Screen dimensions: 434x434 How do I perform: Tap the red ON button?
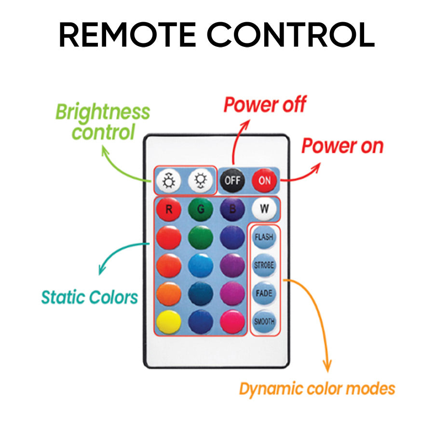[x=264, y=181]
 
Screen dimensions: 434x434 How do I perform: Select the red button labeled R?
[x=169, y=210]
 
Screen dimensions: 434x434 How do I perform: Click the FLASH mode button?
[x=264, y=237]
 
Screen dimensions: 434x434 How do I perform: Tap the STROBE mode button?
[x=264, y=265]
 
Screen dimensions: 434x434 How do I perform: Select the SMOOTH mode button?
[x=264, y=321]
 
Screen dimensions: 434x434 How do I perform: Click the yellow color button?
[x=169, y=322]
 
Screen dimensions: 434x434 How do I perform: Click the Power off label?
[x=265, y=105]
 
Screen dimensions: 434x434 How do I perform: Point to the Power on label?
[x=342, y=146]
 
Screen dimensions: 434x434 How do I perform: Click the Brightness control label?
[x=103, y=122]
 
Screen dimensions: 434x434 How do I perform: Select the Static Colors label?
[x=90, y=297]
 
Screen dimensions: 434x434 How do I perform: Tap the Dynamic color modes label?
[x=317, y=389]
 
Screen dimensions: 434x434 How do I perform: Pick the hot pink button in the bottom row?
[x=232, y=322]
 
